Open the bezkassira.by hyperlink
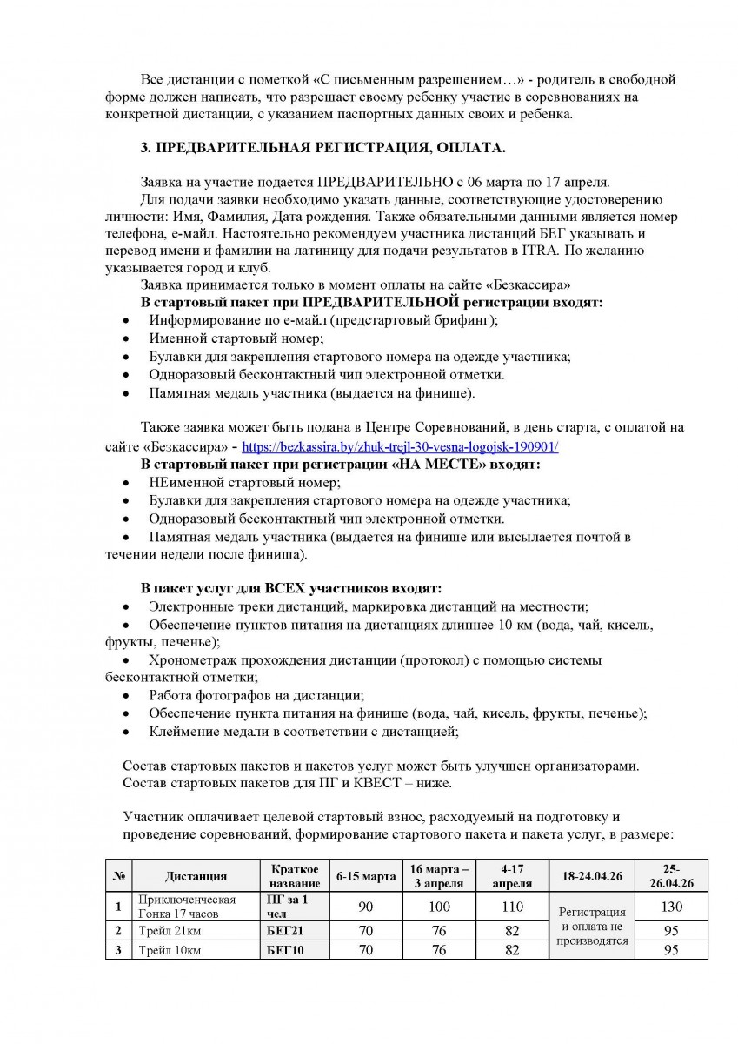[399, 447]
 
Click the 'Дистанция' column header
[196, 876]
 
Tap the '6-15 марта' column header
[365, 876]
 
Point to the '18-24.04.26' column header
[592, 876]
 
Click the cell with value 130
[670, 907]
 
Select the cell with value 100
[439, 907]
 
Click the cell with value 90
[365, 907]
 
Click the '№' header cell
[117, 876]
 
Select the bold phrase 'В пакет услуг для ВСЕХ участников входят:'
[291, 588]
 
